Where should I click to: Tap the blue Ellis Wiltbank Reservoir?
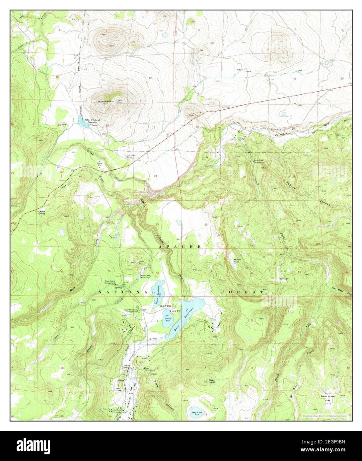(81, 121)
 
